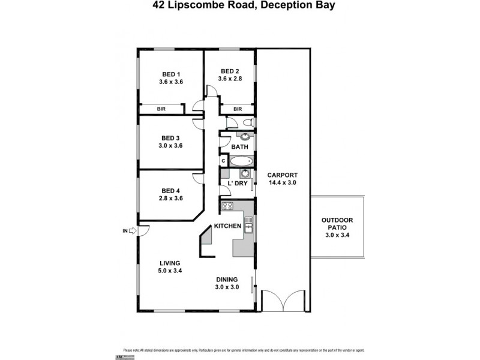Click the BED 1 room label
(x=170, y=74)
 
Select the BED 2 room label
(x=230, y=70)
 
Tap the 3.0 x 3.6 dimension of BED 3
(x=170, y=145)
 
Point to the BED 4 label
(x=170, y=191)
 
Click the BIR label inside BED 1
(x=161, y=109)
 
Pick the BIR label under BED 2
(x=238, y=109)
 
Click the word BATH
(x=239, y=147)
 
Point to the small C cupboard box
(x=223, y=161)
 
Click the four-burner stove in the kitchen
(x=228, y=207)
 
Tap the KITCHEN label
(x=228, y=226)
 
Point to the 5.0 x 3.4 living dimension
(x=170, y=271)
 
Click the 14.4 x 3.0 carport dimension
(x=283, y=182)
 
